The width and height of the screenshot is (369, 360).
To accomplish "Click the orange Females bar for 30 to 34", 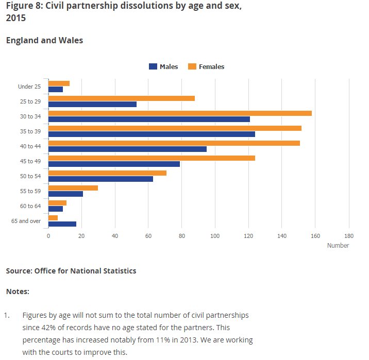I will [180, 113].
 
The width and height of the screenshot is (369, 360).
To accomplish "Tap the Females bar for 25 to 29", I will [121, 98].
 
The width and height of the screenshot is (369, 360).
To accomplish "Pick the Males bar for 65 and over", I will [62, 224].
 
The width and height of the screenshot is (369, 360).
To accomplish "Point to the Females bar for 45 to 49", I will [152, 158].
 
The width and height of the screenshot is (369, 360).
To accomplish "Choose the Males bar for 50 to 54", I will [100, 179].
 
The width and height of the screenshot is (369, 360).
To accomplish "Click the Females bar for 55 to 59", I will [73, 188].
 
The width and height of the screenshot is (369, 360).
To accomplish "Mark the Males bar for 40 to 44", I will [127, 149].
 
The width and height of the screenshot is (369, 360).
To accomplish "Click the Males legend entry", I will [163, 66].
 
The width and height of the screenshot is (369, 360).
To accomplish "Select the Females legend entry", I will [206, 66].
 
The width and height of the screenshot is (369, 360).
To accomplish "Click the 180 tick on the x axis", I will [349, 236].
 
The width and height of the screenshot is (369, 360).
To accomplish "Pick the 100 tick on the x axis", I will [215, 236].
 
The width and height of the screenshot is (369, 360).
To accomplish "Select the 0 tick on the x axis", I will [48, 236].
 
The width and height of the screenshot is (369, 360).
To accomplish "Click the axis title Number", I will [338, 246].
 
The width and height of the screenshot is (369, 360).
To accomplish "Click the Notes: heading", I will [18, 292].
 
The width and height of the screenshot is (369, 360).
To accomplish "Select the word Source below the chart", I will [19, 270].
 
